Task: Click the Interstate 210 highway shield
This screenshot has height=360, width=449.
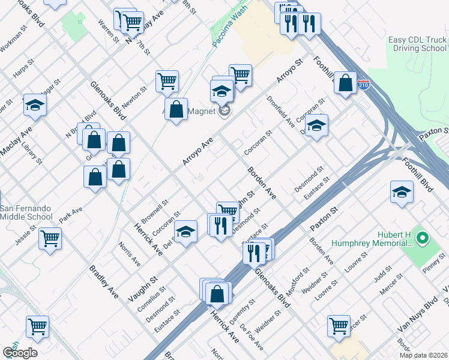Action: click(363, 85)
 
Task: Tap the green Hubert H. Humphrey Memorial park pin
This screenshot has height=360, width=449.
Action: click(422, 238)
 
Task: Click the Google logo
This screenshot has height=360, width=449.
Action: click(20, 353)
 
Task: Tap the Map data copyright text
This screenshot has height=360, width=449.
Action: click(424, 355)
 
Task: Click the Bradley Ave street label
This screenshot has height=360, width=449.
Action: click(104, 283)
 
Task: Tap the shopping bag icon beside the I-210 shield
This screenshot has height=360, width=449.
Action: click(346, 83)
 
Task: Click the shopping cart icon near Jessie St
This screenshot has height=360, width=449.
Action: click(50, 238)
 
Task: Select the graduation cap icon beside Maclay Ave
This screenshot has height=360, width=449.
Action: click(35, 105)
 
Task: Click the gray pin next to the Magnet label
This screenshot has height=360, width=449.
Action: click(224, 110)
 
